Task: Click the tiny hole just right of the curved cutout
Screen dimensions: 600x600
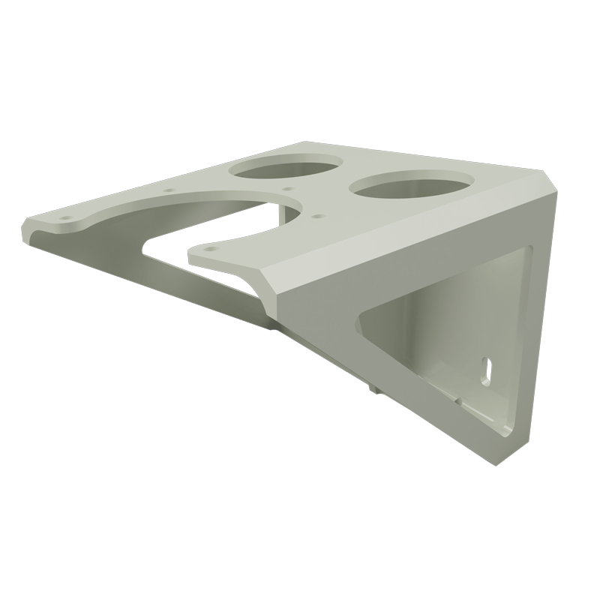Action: tap(319, 216)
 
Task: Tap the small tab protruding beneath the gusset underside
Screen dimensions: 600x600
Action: tap(374, 387)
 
